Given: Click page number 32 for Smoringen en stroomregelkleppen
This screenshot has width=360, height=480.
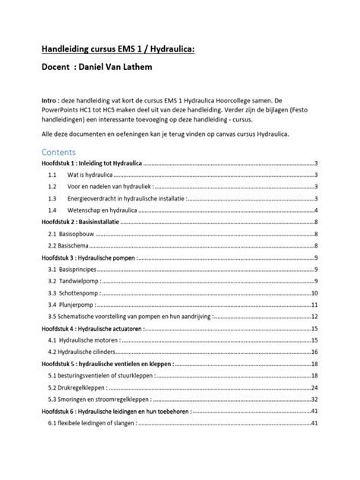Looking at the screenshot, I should coord(314,399).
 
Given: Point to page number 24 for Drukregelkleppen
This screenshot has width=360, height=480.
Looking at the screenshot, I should coord(314,387).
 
